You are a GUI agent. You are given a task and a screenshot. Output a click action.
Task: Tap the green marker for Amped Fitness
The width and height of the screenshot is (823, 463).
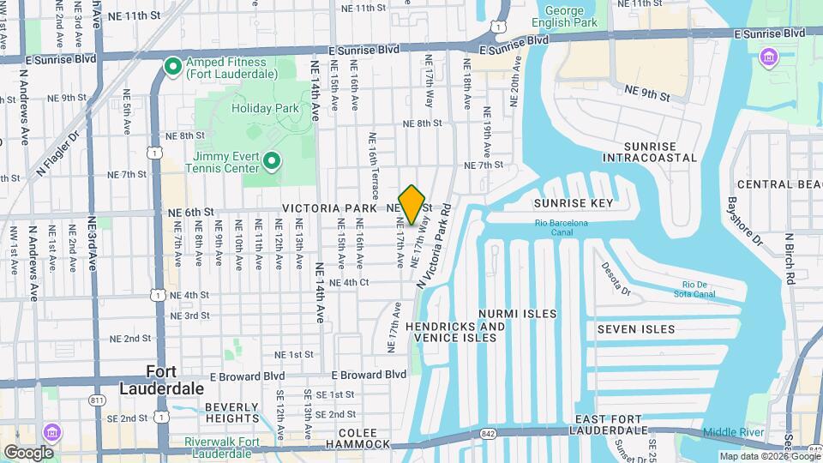point(171,65)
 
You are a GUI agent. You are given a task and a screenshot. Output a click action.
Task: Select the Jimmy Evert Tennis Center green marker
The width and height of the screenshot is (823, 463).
point(272,160)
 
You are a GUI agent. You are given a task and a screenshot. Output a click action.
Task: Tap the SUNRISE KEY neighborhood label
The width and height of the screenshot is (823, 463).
point(573,203)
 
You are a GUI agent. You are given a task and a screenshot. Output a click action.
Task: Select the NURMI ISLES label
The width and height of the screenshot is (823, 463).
point(517,314)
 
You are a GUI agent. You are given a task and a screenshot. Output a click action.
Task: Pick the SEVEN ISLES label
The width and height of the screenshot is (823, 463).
point(636,329)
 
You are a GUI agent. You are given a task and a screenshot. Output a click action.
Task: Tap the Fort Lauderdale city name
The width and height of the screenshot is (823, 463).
point(175,379)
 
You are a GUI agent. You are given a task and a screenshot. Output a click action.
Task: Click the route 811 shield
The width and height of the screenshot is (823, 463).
point(98,400)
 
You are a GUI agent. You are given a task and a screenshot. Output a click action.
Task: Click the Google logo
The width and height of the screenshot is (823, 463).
point(28,452)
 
